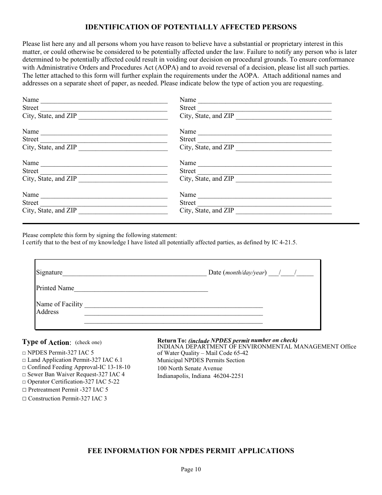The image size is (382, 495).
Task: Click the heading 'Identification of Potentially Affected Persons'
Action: tap(191, 27)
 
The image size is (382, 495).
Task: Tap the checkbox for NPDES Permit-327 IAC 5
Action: tap(24, 353)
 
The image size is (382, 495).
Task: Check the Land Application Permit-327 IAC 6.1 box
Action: tap(24, 360)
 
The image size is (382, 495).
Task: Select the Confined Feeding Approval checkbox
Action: tap(24, 367)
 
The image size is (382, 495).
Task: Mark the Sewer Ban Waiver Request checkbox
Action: tap(24, 375)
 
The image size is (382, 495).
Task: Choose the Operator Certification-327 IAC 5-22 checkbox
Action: tap(24, 382)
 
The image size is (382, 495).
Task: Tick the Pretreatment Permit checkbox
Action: tap(24, 390)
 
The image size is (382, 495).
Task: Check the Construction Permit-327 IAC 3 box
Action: tap(24, 399)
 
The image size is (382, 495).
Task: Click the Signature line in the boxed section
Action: tap(134, 273)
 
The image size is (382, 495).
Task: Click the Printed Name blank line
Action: tap(141, 289)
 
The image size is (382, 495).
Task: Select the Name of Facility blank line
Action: tap(173, 305)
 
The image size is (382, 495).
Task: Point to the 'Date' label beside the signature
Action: tap(215, 272)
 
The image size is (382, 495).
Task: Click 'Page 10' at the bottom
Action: tap(191, 469)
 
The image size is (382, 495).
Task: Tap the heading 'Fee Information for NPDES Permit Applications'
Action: tap(191, 451)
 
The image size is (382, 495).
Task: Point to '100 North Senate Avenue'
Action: tap(189, 369)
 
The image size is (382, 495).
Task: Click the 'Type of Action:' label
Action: tap(47, 342)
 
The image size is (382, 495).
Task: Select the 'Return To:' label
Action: tap(172, 340)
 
